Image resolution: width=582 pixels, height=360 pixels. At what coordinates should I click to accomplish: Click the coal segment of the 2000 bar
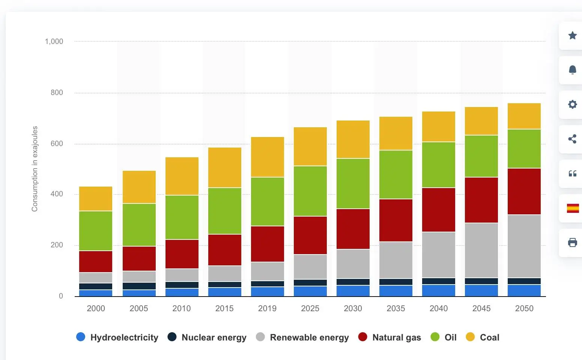click(x=96, y=199)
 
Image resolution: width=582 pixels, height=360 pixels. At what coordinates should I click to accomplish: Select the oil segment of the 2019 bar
click(x=267, y=201)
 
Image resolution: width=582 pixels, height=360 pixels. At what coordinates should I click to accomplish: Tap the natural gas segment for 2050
click(x=524, y=191)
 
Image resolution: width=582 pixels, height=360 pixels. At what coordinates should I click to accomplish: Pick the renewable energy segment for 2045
click(x=481, y=250)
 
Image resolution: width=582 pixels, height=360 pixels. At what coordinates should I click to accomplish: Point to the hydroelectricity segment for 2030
click(x=353, y=291)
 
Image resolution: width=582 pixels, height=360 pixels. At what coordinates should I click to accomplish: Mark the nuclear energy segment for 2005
click(x=139, y=286)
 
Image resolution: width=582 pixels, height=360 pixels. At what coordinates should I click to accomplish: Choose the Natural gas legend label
click(x=396, y=337)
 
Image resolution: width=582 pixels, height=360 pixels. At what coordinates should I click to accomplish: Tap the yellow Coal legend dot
click(x=470, y=337)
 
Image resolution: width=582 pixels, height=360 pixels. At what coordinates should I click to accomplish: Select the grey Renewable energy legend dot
click(x=260, y=337)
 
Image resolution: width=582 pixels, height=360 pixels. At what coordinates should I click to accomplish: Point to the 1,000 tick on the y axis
click(x=54, y=41)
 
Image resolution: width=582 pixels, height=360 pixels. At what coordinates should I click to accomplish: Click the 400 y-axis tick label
click(x=57, y=194)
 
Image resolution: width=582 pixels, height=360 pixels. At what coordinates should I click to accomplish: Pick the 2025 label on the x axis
click(x=310, y=309)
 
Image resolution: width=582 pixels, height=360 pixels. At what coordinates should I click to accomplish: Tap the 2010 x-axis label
click(x=182, y=309)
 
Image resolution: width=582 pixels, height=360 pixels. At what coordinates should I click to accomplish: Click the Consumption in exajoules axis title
click(x=35, y=169)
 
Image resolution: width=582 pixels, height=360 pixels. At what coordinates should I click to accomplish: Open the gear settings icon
click(x=572, y=104)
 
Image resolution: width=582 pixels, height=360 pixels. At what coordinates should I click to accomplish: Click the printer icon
click(x=572, y=243)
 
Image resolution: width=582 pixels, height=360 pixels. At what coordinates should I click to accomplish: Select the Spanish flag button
click(x=573, y=208)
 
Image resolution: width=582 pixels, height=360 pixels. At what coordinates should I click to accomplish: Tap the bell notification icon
click(x=572, y=70)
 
